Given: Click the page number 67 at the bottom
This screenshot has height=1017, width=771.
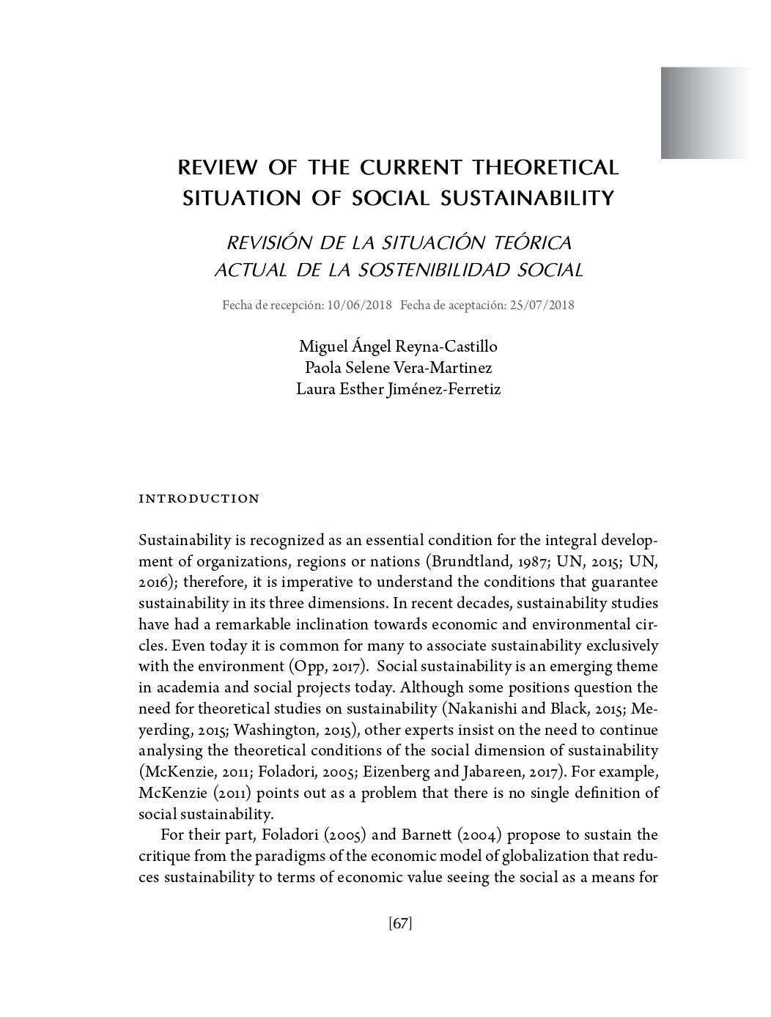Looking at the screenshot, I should point(400,924).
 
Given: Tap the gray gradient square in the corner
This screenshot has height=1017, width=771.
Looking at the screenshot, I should point(704,113).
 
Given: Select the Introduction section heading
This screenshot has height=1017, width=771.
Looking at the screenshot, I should point(199,499).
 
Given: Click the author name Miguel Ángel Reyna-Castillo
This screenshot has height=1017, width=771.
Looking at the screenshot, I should point(398,346).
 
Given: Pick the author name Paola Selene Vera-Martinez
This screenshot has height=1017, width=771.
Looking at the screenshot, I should point(398,367).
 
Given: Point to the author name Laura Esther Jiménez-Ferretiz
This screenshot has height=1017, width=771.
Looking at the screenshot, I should point(398,389).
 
